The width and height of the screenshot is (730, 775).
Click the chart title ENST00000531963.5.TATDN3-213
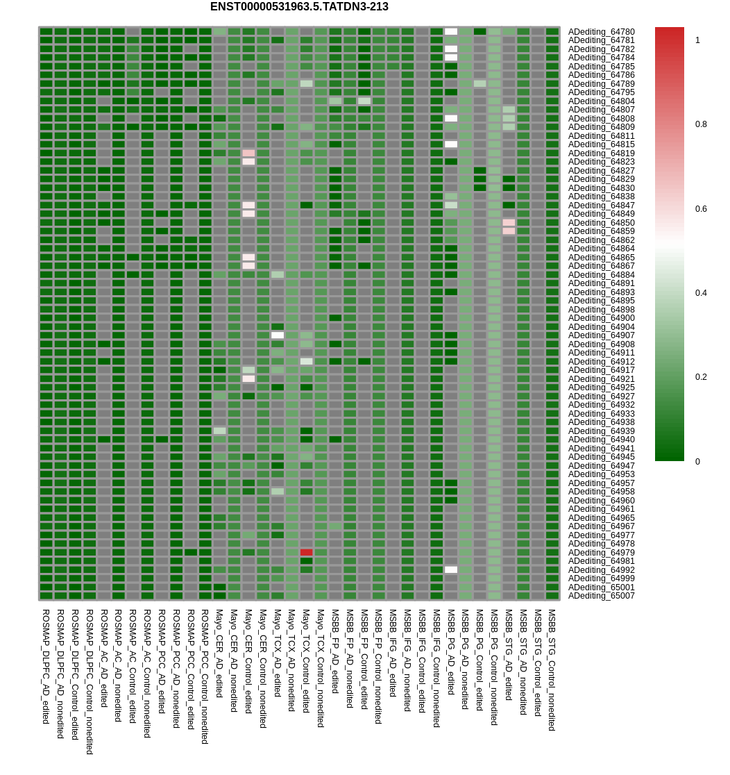click(x=299, y=7)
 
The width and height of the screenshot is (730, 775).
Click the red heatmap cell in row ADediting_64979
click(x=306, y=553)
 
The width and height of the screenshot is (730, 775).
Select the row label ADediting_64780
click(x=601, y=32)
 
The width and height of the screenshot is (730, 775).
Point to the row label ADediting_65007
click(x=601, y=596)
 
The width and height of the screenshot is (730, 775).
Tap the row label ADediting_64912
click(x=601, y=362)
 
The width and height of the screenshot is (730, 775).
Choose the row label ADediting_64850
click(x=601, y=223)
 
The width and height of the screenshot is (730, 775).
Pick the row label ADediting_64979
click(x=601, y=553)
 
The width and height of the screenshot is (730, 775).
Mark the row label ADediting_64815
click(x=601, y=144)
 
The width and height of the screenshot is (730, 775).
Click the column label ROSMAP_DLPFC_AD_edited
click(x=46, y=667)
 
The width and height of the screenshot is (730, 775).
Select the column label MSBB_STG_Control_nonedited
click(x=552, y=670)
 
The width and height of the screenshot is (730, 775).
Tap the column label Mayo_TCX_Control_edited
click(x=306, y=661)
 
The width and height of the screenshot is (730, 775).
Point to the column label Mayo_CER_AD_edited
click(x=219, y=653)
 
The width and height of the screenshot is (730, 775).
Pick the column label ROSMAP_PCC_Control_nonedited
click(x=205, y=676)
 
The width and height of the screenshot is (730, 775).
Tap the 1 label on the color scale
click(x=697, y=40)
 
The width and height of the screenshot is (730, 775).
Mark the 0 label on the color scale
click(x=697, y=462)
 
